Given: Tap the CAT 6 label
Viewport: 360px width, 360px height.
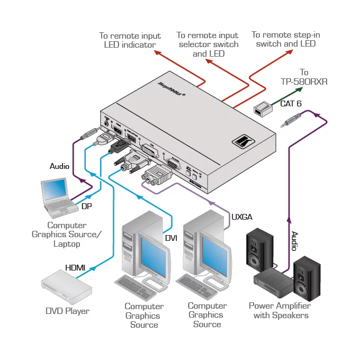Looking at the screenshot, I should pyautogui.click(x=291, y=104).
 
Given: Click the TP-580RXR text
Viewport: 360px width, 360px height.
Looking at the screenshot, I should pyautogui.click(x=304, y=82).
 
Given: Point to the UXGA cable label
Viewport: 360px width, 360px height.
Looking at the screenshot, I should pyautogui.click(x=241, y=217).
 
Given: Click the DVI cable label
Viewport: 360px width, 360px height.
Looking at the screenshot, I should pyautogui.click(x=171, y=238).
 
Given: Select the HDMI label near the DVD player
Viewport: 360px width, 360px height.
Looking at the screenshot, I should pyautogui.click(x=75, y=268).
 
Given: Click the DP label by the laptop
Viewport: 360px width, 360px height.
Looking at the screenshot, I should pyautogui.click(x=87, y=206).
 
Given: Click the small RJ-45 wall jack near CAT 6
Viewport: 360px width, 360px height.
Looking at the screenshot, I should pyautogui.click(x=262, y=110).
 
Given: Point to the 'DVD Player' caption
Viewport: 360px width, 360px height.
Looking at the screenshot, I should pyautogui.click(x=67, y=311).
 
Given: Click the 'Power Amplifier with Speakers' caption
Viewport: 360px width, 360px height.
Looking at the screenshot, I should pyautogui.click(x=280, y=310).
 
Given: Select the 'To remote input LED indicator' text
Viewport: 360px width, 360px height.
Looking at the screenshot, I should pyautogui.click(x=130, y=40).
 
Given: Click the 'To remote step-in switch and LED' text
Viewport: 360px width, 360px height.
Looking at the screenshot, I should pyautogui.click(x=286, y=39).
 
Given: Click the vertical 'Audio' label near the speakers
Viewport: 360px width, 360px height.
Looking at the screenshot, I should pyautogui.click(x=294, y=241).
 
